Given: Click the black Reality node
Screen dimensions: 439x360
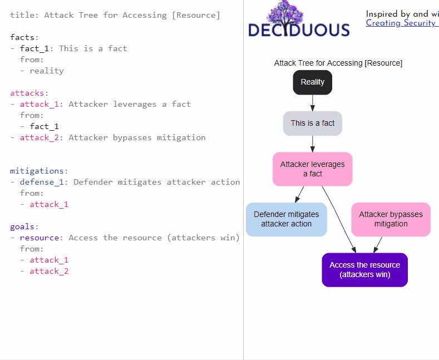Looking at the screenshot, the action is [x=313, y=82].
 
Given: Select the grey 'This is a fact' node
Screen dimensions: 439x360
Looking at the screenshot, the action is [x=313, y=124].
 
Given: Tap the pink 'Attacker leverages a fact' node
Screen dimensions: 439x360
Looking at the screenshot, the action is [x=313, y=169].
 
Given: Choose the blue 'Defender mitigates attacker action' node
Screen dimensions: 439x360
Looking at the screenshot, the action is [x=287, y=219].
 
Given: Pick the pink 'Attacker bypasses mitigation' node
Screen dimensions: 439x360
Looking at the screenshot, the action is [x=391, y=219].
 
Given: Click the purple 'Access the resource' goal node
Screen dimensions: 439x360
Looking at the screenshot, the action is [x=364, y=270].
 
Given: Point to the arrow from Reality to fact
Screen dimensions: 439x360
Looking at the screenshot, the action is [x=313, y=103].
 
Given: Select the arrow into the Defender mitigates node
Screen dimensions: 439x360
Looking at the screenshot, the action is [x=299, y=194].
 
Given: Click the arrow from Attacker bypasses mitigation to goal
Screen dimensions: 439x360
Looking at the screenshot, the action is [x=378, y=245].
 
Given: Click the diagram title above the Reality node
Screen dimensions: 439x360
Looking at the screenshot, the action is [x=338, y=63].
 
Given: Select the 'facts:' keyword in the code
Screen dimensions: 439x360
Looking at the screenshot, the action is [x=24, y=37].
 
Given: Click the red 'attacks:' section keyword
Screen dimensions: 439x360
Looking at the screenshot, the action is [x=29, y=93].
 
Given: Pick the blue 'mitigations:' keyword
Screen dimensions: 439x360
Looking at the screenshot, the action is [x=39, y=171].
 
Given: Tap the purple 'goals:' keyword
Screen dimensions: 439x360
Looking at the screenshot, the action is [x=24, y=226].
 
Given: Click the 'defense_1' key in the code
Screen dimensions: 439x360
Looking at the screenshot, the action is [x=42, y=182].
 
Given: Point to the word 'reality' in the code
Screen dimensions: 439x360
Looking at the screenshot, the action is [x=47, y=71].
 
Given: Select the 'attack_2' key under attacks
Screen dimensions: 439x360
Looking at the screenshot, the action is [x=40, y=137].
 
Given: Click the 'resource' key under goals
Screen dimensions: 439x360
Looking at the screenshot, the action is [x=40, y=238].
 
